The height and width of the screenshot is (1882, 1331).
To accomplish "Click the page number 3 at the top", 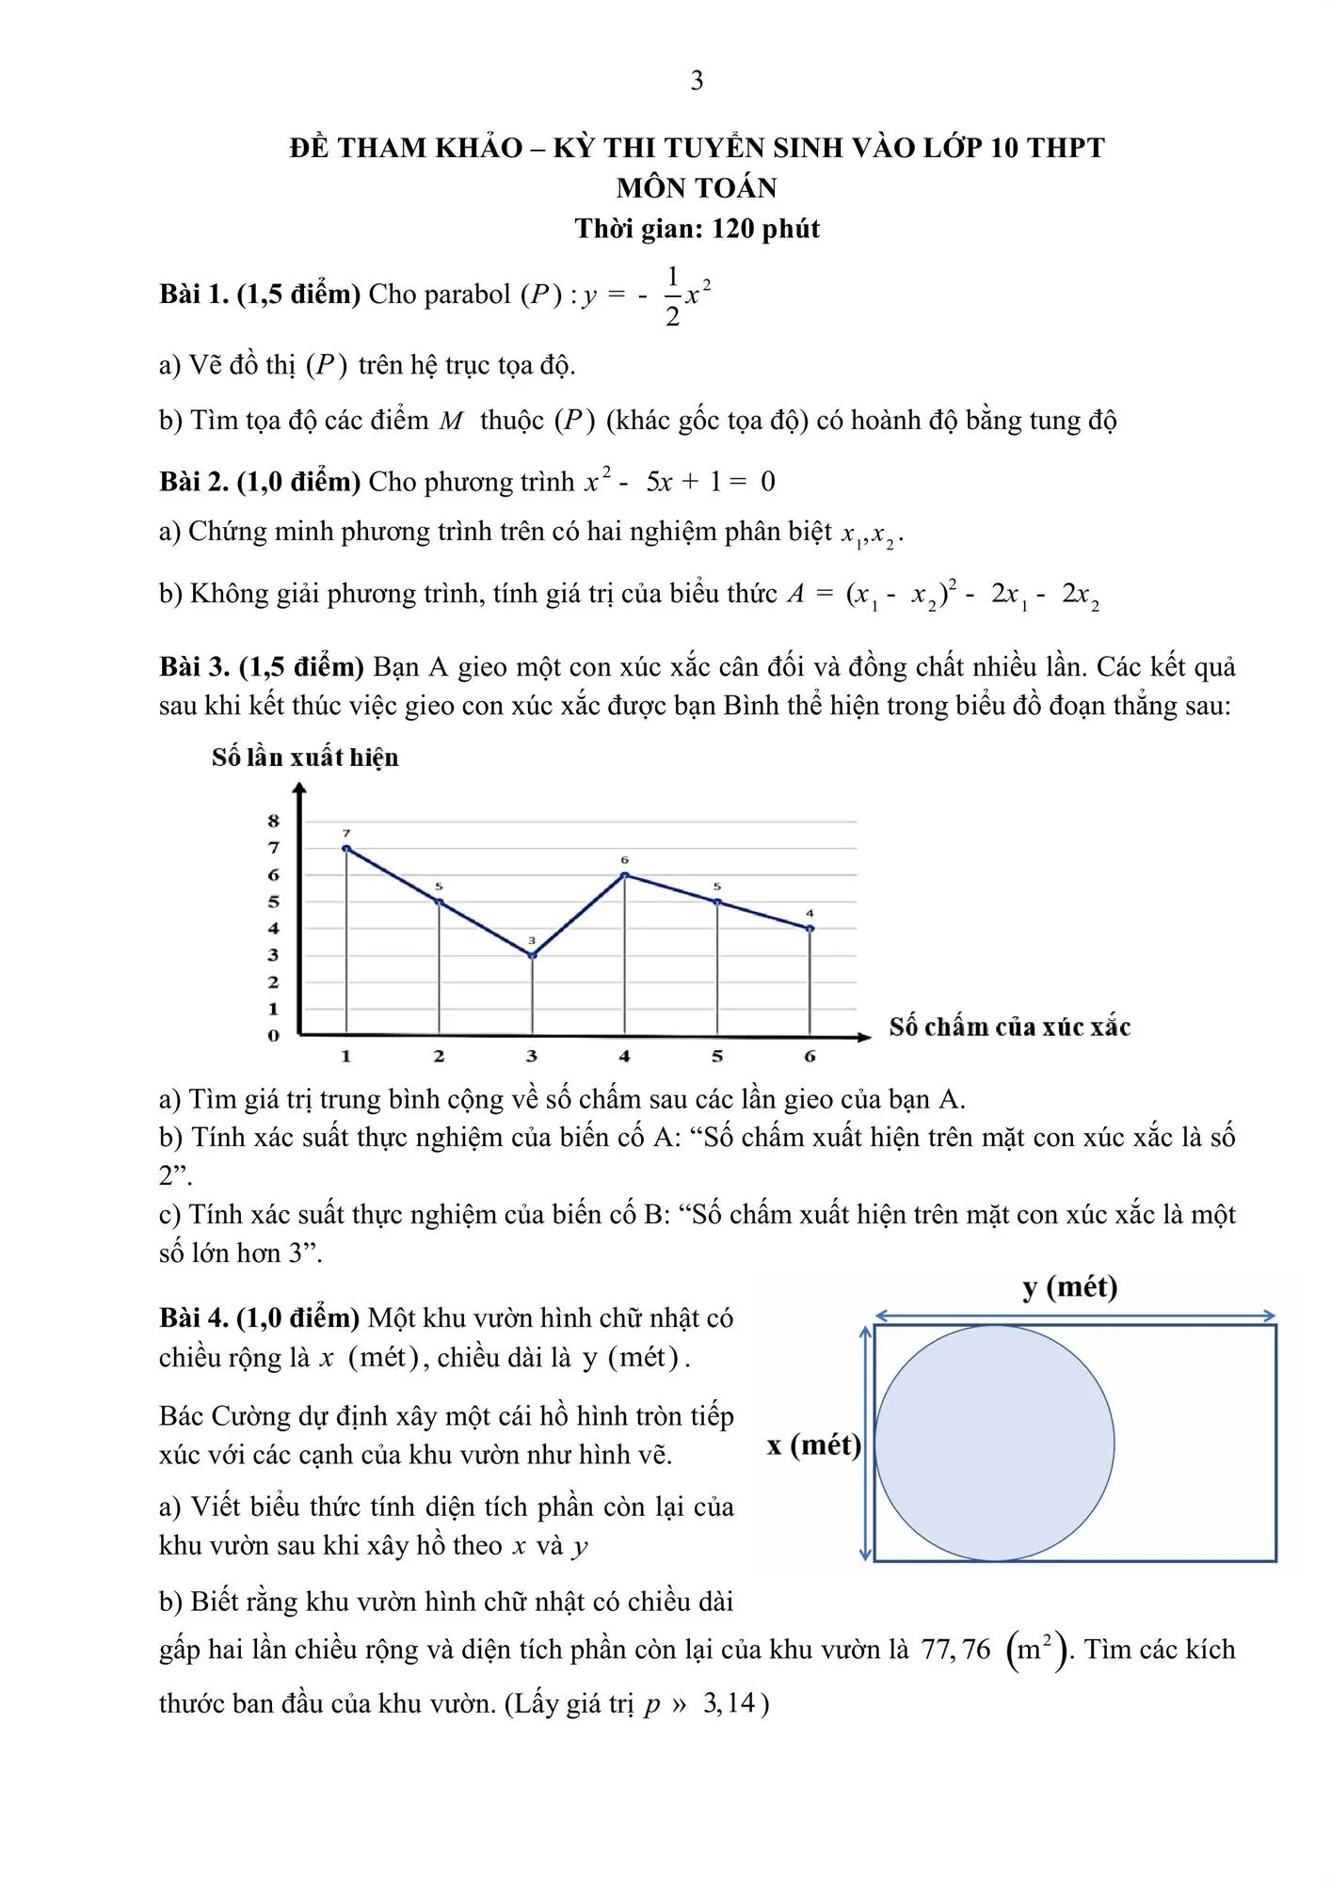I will (x=697, y=81).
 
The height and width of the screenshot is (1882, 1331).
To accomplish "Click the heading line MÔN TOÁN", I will (x=697, y=188).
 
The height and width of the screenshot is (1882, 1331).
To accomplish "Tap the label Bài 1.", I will (x=194, y=295).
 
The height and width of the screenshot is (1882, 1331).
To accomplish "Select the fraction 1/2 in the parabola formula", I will (x=672, y=296).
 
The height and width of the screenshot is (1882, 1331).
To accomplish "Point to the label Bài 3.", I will (x=195, y=667).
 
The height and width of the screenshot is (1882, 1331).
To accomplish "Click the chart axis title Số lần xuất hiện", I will (x=305, y=758).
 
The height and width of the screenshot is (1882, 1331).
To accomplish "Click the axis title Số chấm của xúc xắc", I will (x=1009, y=1027).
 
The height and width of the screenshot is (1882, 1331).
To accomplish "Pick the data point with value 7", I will (x=346, y=849).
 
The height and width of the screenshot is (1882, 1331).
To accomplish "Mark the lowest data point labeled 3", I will (x=532, y=956).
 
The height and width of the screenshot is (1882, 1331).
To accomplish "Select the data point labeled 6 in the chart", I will (x=625, y=876).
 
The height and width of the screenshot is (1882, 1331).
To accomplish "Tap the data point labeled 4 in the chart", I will (x=810, y=929).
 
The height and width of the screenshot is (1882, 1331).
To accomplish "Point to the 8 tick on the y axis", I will (x=274, y=821).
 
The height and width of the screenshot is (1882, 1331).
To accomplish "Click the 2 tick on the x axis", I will (x=439, y=1057).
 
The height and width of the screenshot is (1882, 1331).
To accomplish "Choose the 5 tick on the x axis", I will (x=717, y=1057).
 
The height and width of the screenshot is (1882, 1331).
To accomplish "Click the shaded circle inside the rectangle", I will (x=994, y=1443).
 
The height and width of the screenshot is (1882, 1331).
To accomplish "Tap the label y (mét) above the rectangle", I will (x=1070, y=1287).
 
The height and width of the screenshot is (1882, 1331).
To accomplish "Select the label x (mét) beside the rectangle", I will (x=814, y=1444).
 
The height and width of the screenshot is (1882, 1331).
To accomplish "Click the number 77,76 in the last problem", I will (x=956, y=1650).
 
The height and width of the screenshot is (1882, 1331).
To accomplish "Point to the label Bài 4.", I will (x=194, y=1318).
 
